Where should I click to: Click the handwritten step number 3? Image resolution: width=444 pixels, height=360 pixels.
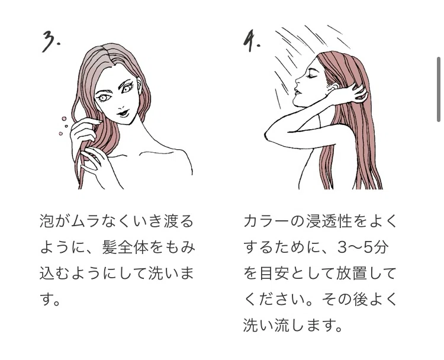pos(51,41)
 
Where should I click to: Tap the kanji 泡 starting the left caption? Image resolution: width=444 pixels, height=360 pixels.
pos(47,221)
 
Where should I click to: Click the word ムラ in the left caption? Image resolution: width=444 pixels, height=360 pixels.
pos(85,221)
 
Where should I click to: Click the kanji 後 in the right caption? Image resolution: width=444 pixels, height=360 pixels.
pos(360,300)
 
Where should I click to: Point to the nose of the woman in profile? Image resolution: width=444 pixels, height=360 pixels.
pos(297,81)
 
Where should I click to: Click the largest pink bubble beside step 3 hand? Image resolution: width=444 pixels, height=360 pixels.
pos(64,118)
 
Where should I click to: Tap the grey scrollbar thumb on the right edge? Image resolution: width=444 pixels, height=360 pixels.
pos(438,89)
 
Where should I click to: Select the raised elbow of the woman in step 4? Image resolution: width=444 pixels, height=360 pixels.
pos(268,133)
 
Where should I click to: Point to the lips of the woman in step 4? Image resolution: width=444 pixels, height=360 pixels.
pos(296,92)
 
